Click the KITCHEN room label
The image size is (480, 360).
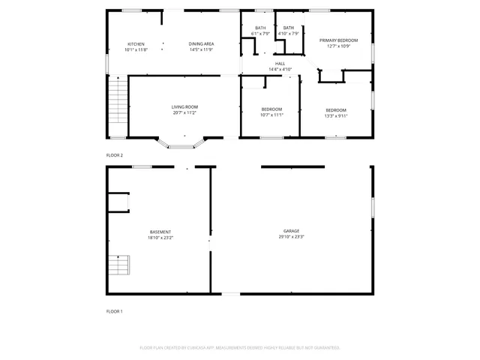coord(136,44)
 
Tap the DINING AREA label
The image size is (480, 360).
coord(201,44)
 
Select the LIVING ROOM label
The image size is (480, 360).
coord(184,107)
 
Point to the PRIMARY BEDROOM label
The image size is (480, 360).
coord(338,40)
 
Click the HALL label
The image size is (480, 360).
coord(280,64)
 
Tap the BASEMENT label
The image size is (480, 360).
coord(160,232)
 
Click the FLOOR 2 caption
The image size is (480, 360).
coord(114,155)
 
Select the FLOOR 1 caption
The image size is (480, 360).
coord(114,310)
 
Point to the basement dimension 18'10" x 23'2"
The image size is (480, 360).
coord(160,237)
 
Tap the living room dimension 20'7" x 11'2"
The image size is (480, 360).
coord(184,112)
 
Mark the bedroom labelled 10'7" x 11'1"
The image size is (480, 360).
coord(271,112)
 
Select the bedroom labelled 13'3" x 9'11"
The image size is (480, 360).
coord(336,112)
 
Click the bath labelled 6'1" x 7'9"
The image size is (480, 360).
coord(259,31)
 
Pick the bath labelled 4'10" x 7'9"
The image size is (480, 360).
coord(289,31)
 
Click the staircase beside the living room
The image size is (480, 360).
coord(116,103)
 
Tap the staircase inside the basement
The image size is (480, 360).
coord(119,265)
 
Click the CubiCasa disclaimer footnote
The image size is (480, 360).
coord(240,348)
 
